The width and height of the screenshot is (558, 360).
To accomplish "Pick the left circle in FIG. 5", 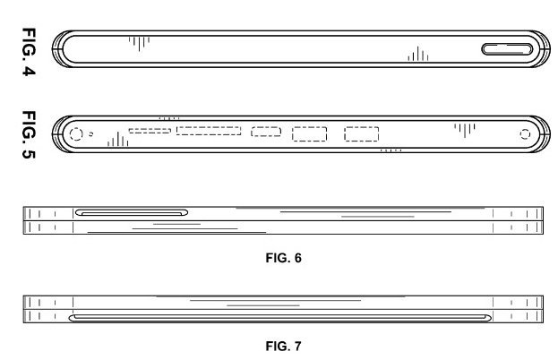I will coord(75,134).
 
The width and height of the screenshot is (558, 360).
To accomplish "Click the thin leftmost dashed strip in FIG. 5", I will coord(150,131).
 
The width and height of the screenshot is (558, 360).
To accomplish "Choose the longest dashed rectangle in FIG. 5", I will coord(209,131).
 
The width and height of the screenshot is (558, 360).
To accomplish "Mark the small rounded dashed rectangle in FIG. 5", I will coord(266,133).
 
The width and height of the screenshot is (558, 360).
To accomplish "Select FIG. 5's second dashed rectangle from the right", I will coord(310,134).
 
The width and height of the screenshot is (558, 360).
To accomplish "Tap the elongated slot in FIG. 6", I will coord(132,212).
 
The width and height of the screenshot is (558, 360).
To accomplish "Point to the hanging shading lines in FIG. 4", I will coord(138,40).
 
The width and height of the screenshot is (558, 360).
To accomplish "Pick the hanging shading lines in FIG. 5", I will coord(464,129).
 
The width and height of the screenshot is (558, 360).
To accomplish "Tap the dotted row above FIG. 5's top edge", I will coord(168,116).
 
